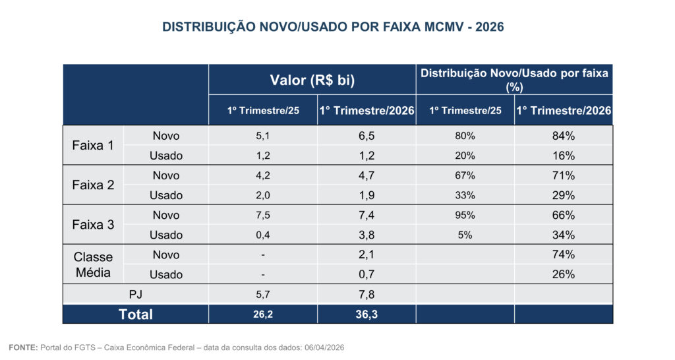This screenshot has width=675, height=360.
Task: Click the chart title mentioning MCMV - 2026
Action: click(x=337, y=27)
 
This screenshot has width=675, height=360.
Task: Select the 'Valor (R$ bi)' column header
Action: click(x=312, y=80)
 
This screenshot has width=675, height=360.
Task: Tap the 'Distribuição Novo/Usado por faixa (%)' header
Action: click(x=514, y=79)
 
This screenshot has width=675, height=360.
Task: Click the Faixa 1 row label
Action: click(x=93, y=146)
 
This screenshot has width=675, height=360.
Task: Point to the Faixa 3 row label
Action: click(x=93, y=225)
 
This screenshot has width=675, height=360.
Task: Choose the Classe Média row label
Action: click(x=93, y=264)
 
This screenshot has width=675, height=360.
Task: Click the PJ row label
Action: click(x=136, y=294)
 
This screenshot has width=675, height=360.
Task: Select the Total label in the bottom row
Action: click(x=136, y=315)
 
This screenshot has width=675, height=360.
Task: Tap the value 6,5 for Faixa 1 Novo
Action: click(x=366, y=136)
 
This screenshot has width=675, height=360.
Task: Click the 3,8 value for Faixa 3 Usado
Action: click(x=366, y=235)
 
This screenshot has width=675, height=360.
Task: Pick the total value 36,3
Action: click(x=366, y=315)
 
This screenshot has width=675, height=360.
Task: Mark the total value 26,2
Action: click(x=262, y=315)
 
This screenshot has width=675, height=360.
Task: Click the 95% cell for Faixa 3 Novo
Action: click(x=465, y=215)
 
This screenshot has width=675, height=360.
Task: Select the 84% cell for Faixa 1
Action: click(x=564, y=136)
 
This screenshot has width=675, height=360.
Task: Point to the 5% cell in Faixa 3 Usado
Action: click(x=465, y=235)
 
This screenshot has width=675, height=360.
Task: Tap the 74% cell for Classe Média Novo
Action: click(x=564, y=255)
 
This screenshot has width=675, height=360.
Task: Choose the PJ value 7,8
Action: click(x=366, y=294)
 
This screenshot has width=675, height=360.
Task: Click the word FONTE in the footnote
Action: click(x=22, y=347)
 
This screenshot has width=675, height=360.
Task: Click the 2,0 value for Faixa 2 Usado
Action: click(x=262, y=195)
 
